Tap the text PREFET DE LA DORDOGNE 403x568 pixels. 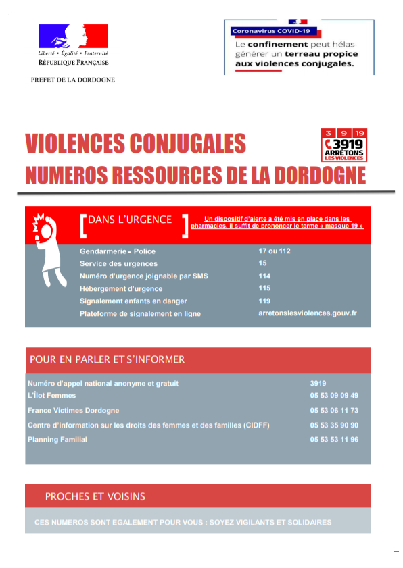coord(73,80)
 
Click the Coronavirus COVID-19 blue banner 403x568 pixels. coord(271,31)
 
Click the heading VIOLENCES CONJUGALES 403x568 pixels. coord(135,143)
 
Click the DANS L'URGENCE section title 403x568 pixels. coord(130,220)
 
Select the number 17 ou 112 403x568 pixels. coord(274,251)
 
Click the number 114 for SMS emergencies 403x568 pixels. coord(264,276)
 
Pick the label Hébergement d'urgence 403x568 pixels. coord(121,288)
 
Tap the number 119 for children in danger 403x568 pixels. coord(264,301)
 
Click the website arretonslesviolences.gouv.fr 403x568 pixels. coord(307,313)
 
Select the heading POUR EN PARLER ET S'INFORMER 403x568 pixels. coord(107,359)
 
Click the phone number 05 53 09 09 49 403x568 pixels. coord(334,396)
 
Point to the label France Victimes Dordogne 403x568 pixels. coord(73,410)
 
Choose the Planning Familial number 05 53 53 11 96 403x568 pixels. coord(334,440)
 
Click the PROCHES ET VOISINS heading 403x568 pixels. coord(95,496)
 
